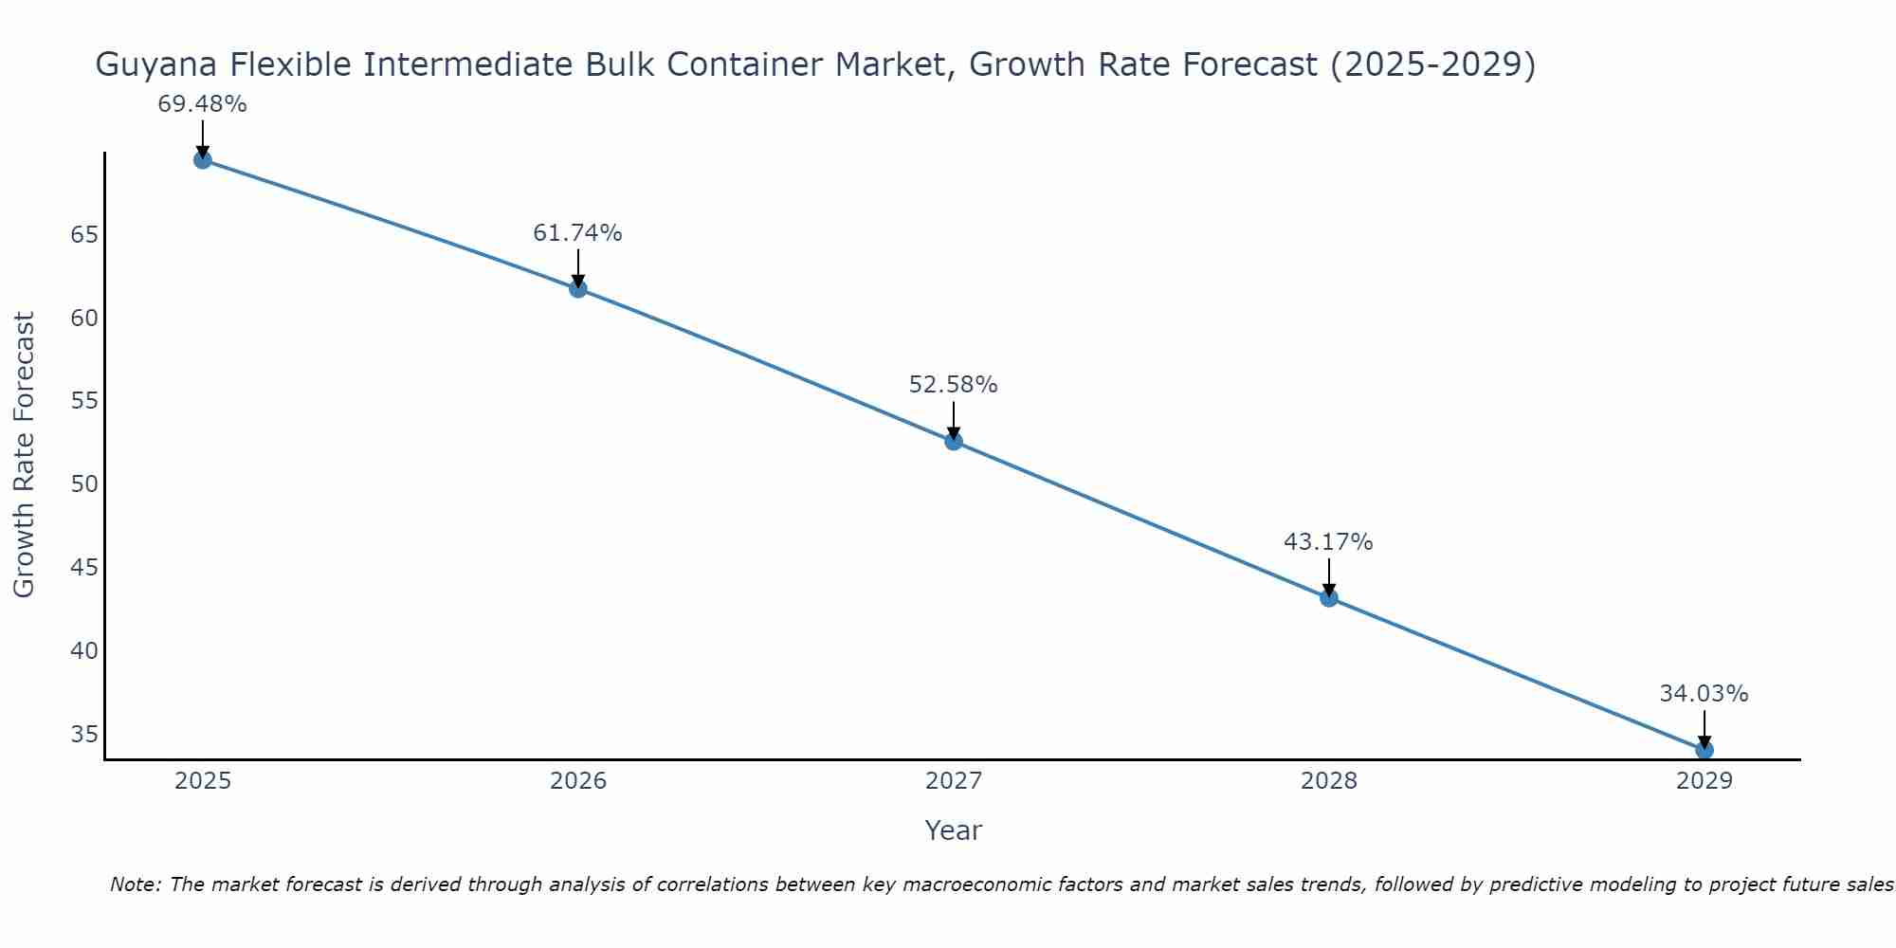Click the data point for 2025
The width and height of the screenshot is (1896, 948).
click(202, 159)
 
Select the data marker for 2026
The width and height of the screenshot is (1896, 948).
click(577, 288)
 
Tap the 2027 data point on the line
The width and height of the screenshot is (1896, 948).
click(953, 441)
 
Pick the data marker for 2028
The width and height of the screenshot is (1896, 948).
click(1328, 597)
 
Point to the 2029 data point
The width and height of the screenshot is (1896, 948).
click(1704, 750)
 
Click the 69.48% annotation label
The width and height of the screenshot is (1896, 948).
click(202, 104)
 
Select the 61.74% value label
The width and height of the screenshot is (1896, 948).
click(577, 233)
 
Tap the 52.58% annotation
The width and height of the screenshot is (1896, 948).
click(953, 385)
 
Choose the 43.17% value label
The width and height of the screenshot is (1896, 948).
click(1328, 542)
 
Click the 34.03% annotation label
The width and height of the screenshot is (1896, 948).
click(1704, 694)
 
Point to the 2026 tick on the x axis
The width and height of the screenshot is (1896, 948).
click(578, 781)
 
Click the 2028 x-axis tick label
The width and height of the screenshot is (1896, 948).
click(1328, 781)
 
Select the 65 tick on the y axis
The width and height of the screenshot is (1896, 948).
click(84, 234)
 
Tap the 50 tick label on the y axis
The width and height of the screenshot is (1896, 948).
click(84, 484)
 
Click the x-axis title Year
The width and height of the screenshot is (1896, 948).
click(953, 830)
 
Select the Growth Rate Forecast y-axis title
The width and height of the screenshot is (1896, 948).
click(25, 454)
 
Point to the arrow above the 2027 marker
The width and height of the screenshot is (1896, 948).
click(953, 419)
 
